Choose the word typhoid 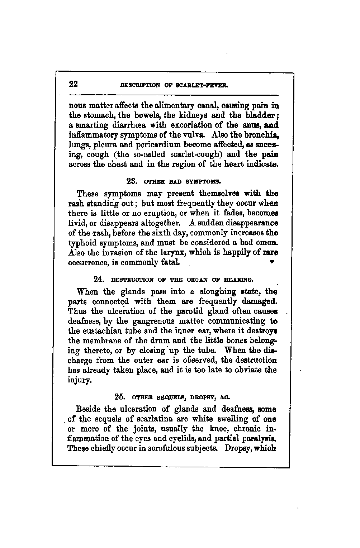[x=81, y=243]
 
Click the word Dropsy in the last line [x=238, y=448]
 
